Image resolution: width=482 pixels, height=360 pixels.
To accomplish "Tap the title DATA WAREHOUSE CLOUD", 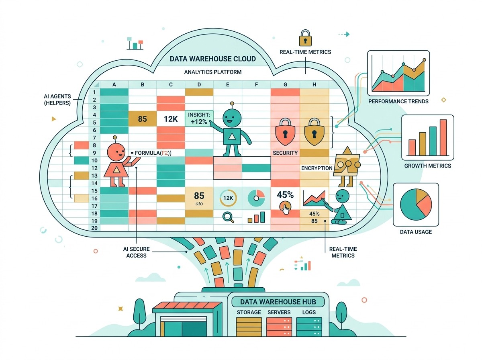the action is click(212, 59).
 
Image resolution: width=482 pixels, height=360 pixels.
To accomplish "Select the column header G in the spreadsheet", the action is click(285, 84).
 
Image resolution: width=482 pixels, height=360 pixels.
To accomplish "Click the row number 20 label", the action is click(94, 228).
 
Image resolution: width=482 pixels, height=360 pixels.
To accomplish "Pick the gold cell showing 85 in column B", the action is click(142, 119).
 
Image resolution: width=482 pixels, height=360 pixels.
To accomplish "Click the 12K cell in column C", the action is click(171, 119).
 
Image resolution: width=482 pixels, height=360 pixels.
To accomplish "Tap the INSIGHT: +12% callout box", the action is click(199, 118).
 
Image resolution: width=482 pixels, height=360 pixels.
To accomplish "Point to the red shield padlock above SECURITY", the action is click(285, 132).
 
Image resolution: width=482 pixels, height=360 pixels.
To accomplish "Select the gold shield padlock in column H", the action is click(314, 132).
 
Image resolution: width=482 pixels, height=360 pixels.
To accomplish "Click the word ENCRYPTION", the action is click(317, 168).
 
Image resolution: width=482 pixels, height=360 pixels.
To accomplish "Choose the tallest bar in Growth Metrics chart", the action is click(443, 137).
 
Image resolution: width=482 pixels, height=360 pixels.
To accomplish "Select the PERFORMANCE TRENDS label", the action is click(398, 101).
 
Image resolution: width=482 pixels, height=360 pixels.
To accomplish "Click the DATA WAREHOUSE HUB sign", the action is click(278, 302).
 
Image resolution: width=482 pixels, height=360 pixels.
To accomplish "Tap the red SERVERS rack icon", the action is click(279, 327).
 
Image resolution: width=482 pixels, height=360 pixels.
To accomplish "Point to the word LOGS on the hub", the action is click(309, 312).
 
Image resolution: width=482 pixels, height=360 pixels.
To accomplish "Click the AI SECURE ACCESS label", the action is click(136, 252).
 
